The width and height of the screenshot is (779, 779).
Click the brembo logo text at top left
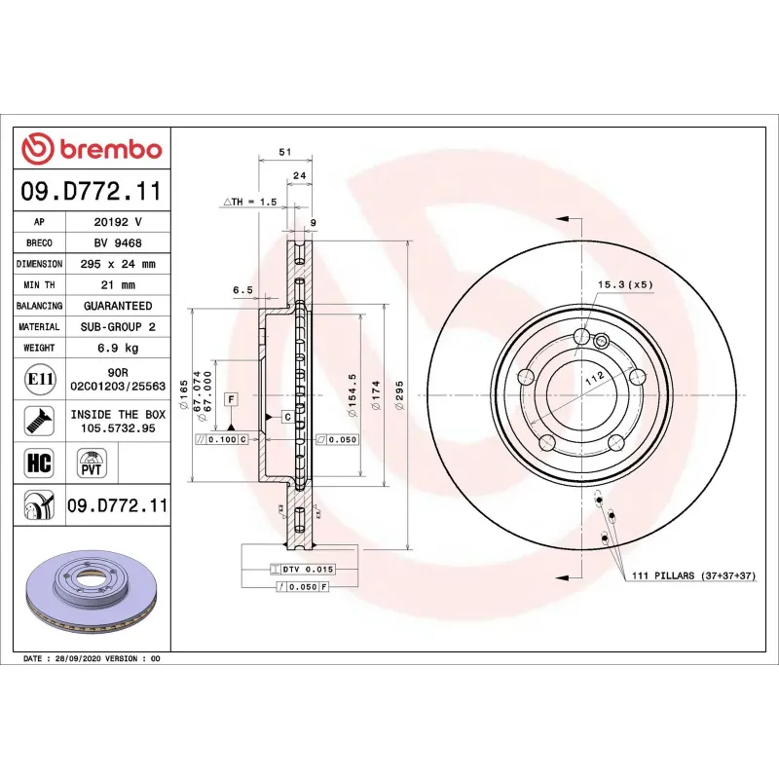pos(93,149)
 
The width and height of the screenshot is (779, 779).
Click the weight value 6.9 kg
pos(118,348)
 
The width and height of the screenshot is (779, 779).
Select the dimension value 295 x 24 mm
pos(118,264)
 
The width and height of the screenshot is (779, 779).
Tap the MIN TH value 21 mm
pos(118,285)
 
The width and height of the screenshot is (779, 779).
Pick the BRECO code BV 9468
pos(118,243)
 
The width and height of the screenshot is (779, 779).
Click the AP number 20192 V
pos(118,222)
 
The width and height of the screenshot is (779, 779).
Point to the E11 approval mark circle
pos(39,378)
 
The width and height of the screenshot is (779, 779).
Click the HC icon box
pos(39,462)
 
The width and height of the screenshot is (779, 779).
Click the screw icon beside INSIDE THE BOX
pos(39,421)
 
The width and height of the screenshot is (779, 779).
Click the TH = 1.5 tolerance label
pos(251,202)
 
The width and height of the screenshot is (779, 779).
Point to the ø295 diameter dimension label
pos(399,393)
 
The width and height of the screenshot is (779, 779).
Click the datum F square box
pos(231,399)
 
